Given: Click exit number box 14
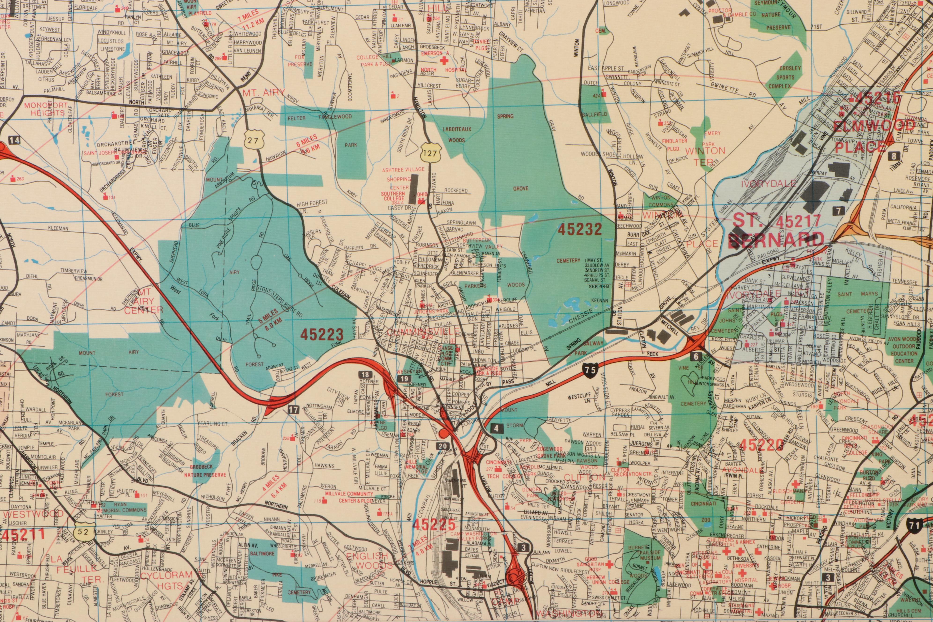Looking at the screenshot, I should click(x=15, y=140).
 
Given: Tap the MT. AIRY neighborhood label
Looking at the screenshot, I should click(x=263, y=93).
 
